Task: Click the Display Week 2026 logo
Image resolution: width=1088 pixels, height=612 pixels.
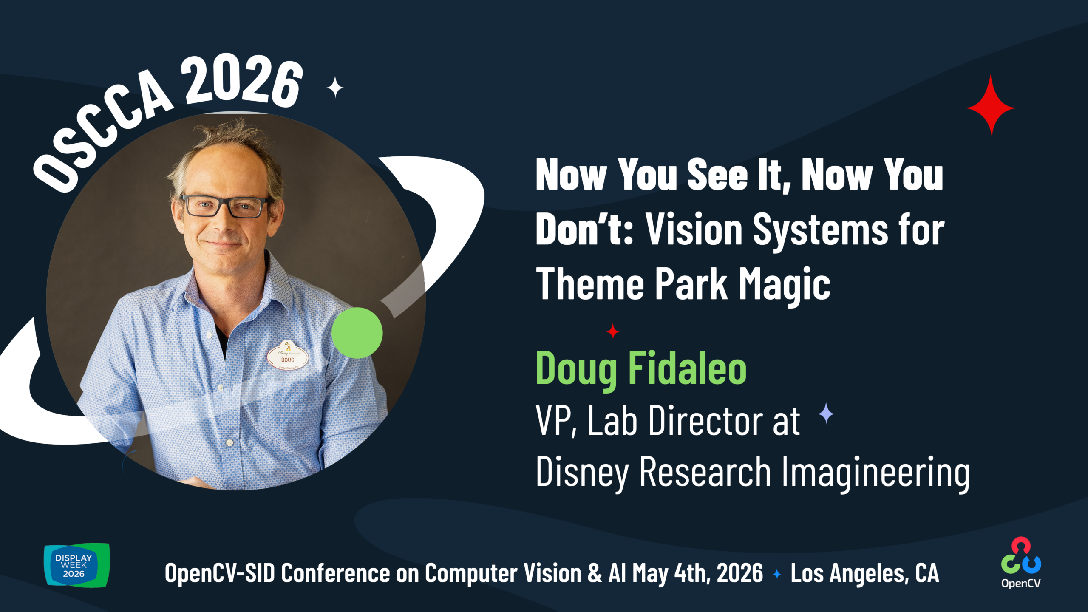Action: (77, 565)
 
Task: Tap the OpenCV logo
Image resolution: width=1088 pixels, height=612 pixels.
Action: (1021, 563)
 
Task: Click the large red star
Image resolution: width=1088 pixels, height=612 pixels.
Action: (991, 107)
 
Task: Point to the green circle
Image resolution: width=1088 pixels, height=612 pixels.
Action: (357, 333)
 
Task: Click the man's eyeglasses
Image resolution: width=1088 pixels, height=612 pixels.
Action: (225, 206)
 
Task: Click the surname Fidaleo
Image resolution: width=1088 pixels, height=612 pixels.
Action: (687, 368)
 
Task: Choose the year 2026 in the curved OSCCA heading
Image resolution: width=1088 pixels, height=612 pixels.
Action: (242, 81)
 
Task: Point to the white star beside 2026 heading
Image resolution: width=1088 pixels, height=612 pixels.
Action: (335, 87)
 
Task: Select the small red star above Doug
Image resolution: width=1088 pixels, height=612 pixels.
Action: (613, 331)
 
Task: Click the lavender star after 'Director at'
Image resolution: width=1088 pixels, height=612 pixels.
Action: (826, 414)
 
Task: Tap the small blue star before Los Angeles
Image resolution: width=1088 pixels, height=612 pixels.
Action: (777, 574)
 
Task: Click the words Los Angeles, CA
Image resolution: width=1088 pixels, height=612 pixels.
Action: (864, 574)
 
